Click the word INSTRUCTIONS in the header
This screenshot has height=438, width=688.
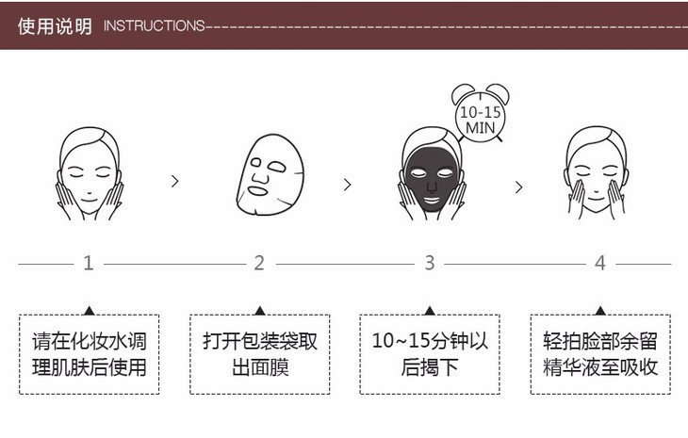[x=153, y=25]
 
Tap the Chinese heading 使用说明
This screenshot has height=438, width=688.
[x=55, y=25]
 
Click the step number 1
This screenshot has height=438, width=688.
[x=89, y=263]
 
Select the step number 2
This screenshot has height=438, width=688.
[x=259, y=263]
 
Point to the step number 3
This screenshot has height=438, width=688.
[x=430, y=263]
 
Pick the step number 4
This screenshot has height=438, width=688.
[x=600, y=263]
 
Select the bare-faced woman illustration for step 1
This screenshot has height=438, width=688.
[x=89, y=174]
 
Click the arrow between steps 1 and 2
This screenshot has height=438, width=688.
[x=174, y=182]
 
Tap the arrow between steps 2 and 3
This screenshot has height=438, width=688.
[x=347, y=185]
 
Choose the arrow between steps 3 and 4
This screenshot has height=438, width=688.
[x=518, y=187]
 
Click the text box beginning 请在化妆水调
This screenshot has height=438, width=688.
[x=90, y=354]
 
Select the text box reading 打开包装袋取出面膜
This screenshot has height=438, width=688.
[x=259, y=354]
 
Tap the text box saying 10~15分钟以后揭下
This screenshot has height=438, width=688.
[x=430, y=354]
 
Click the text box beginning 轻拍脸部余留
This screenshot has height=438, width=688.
[x=600, y=354]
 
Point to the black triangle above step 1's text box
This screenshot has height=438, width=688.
[x=89, y=309]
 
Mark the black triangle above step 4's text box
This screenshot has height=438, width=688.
[x=600, y=309]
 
